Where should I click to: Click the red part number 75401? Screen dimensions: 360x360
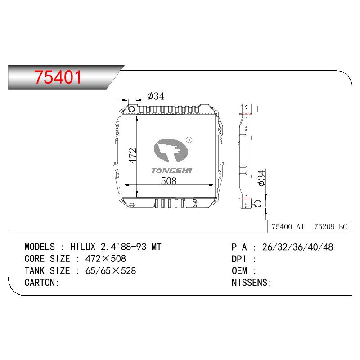coord(58,77)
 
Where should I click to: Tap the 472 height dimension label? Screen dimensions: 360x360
coord(133,156)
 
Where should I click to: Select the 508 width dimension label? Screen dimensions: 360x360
coord(169,181)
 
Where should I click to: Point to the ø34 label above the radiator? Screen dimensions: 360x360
coord(156,96)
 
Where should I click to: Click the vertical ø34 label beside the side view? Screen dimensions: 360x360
coord(261,178)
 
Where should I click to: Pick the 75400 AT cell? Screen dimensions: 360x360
coord(288,227)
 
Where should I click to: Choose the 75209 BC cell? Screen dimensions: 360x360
coord(331,227)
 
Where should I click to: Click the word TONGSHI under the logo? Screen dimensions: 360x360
coord(171,171)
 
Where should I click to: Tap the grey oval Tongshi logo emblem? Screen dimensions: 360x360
coord(171,150)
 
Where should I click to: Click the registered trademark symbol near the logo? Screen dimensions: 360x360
coord(189,140)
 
